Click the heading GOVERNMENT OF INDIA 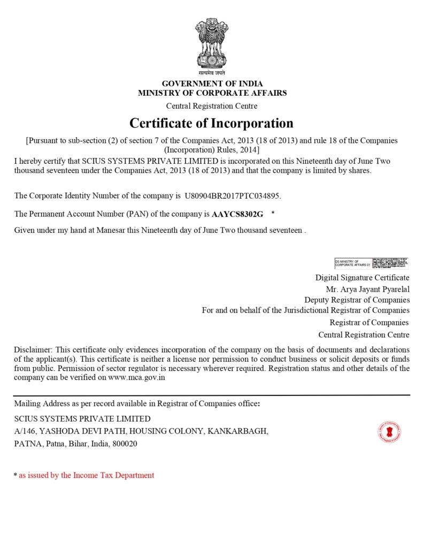(x=212, y=83)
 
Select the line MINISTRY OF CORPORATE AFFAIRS (x=212, y=93)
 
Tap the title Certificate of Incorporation (x=211, y=123)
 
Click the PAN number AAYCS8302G (x=237, y=214)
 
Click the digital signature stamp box (x=371, y=263)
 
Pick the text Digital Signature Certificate (x=362, y=278)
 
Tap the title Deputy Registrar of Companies (x=357, y=300)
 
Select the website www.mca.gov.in (x=136, y=378)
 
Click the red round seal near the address (x=390, y=432)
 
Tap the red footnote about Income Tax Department (x=86, y=475)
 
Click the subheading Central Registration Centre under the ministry (x=212, y=106)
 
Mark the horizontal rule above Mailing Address (x=212, y=395)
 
